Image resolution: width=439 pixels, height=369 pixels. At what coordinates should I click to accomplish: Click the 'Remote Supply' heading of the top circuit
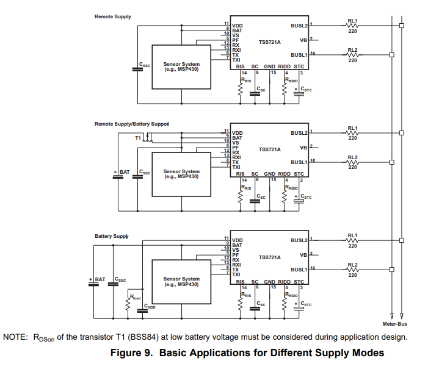112,16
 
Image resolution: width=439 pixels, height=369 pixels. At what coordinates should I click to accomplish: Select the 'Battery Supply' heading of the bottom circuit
111,236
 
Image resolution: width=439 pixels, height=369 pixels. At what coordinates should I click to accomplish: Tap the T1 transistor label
138,138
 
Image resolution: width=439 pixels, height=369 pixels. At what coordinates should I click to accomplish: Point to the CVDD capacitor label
150,306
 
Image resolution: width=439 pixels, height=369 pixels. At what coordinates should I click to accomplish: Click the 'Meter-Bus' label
394,323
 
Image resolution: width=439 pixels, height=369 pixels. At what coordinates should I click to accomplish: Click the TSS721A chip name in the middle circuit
269,149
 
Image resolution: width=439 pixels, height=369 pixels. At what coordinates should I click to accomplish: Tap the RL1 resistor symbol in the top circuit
352,26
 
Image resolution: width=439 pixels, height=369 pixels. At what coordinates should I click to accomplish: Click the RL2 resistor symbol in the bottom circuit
352,270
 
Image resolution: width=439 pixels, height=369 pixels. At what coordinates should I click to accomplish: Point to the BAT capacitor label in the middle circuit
125,173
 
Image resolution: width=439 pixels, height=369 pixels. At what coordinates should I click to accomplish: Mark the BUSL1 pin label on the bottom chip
299,270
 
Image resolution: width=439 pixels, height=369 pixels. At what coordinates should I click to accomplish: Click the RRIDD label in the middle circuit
292,188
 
